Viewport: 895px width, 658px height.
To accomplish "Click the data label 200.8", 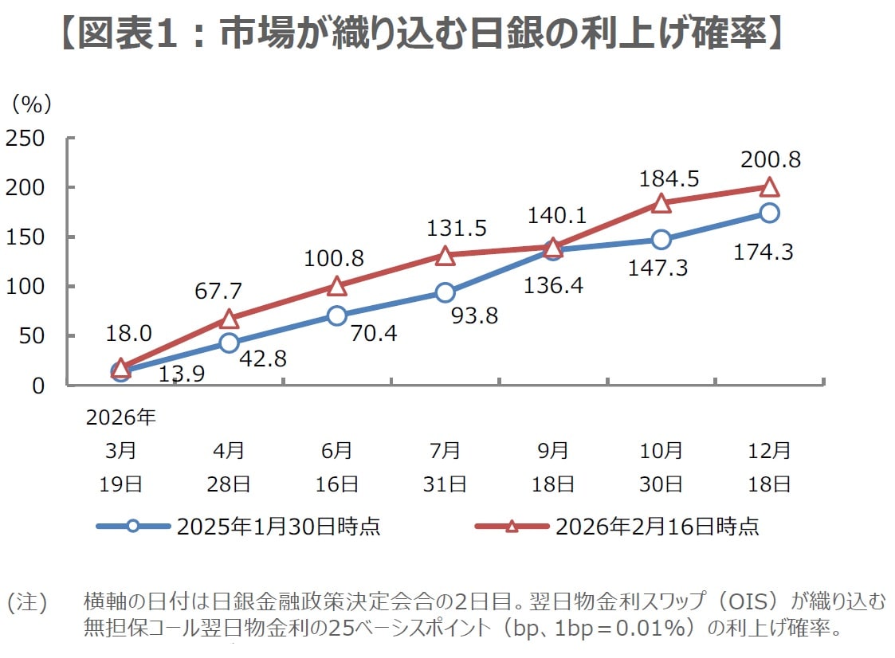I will coord(770,159).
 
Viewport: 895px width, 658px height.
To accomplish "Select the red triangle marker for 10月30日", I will coord(661,203).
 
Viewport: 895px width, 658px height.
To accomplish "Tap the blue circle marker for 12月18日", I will coord(770,213).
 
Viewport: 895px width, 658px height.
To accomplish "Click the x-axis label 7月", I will coord(446,451).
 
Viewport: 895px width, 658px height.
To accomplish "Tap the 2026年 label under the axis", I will coord(121,418).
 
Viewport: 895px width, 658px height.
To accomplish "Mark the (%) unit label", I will coord(31,104).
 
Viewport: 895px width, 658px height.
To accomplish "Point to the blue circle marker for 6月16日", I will coord(337,315).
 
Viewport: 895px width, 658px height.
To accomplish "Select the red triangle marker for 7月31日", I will coord(446,256).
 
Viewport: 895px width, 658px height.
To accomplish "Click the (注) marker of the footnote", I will coord(27,601).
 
